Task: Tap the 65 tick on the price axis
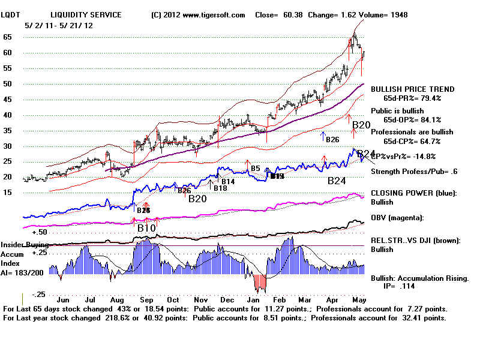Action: pyautogui.click(x=7, y=37)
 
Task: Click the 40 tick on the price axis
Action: pyautogui.click(x=7, y=115)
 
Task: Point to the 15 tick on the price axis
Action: pyautogui.click(x=7, y=193)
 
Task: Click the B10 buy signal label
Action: pyautogui.click(x=146, y=228)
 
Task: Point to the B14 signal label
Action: pyautogui.click(x=228, y=181)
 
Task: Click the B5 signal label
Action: pyautogui.click(x=256, y=169)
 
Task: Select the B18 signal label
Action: pyautogui.click(x=221, y=188)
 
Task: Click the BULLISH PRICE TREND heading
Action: pyautogui.click(x=412, y=89)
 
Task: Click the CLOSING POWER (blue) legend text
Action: pyautogui.click(x=414, y=193)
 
